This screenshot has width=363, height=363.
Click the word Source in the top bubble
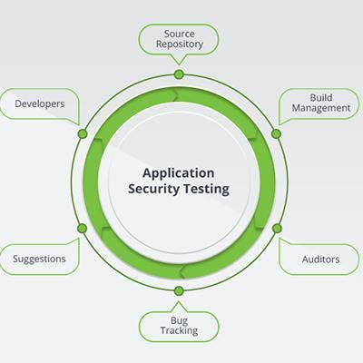click(x=179, y=34)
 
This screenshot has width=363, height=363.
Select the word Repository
click(x=180, y=44)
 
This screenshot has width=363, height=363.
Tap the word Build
click(x=321, y=97)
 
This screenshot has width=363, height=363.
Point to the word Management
click(x=321, y=108)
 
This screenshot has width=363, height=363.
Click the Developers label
click(x=40, y=103)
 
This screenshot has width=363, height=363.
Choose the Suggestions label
click(x=39, y=260)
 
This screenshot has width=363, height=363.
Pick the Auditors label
click(x=320, y=260)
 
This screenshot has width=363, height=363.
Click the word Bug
click(x=179, y=320)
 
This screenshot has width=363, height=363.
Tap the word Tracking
click(x=179, y=330)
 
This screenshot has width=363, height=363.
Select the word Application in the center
click(x=178, y=173)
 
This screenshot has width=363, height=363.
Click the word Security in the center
click(x=153, y=189)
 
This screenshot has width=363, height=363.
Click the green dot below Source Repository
click(x=179, y=74)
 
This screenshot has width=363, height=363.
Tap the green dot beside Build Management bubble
click(x=276, y=133)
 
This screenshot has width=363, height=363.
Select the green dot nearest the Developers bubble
click(x=83, y=133)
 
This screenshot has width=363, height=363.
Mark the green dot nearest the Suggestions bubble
click(x=82, y=229)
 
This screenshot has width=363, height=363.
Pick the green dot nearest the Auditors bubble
click(x=277, y=229)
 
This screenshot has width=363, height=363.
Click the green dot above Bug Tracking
click(x=179, y=291)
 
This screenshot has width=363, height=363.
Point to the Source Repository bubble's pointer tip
click(x=179, y=64)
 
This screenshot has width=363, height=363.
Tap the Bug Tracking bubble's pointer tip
click(x=179, y=302)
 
